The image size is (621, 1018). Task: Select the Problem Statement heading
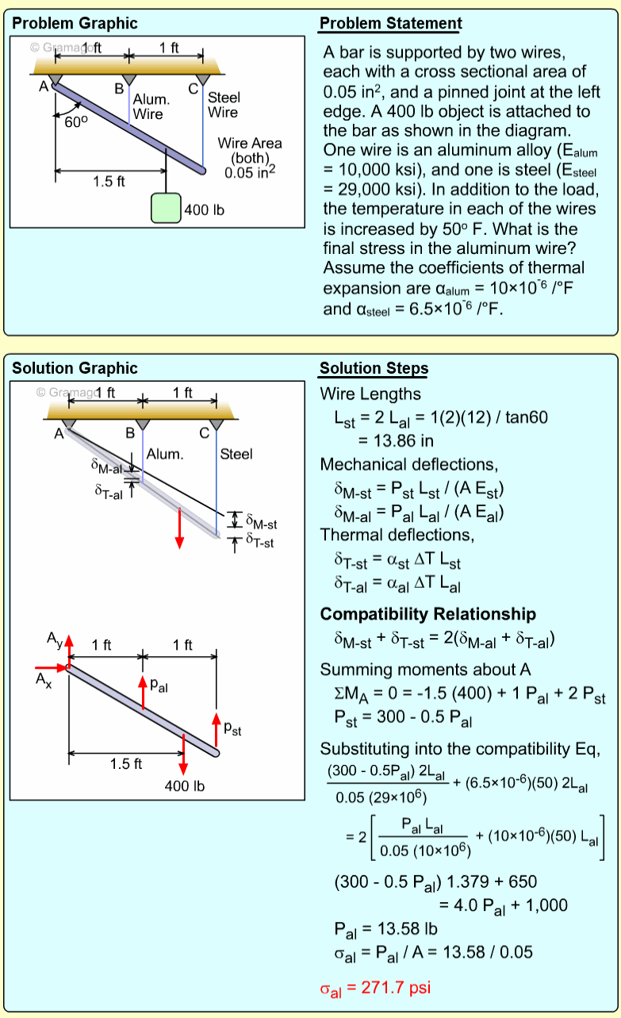(x=390, y=24)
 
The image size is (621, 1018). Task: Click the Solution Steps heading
(x=374, y=368)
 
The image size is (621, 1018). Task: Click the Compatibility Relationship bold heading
(x=427, y=614)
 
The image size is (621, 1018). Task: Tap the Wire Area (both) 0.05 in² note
(x=250, y=157)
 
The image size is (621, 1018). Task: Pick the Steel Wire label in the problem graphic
(x=223, y=105)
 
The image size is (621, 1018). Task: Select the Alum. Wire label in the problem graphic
(x=151, y=107)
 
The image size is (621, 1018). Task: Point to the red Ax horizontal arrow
(x=51, y=667)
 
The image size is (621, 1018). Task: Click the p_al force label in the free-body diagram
(x=159, y=686)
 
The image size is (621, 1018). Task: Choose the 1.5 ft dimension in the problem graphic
(x=109, y=182)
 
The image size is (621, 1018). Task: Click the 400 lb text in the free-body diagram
(x=184, y=786)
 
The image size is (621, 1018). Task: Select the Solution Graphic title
(x=75, y=368)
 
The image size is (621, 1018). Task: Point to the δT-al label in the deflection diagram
(x=108, y=492)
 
